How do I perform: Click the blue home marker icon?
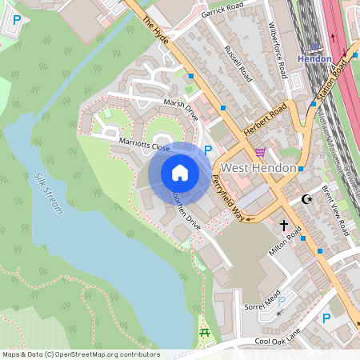tap(180, 173)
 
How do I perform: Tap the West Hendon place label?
tap(258, 168)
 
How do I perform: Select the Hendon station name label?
tap(314, 59)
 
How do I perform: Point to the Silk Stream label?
tap(49, 193)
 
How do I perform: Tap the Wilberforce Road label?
tap(277, 50)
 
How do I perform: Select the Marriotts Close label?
tap(144, 144)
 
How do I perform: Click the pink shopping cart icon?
tap(260, 151)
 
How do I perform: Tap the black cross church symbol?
tap(283, 226)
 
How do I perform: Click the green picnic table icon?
tap(205, 332)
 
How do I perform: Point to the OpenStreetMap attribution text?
tap(81, 354)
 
